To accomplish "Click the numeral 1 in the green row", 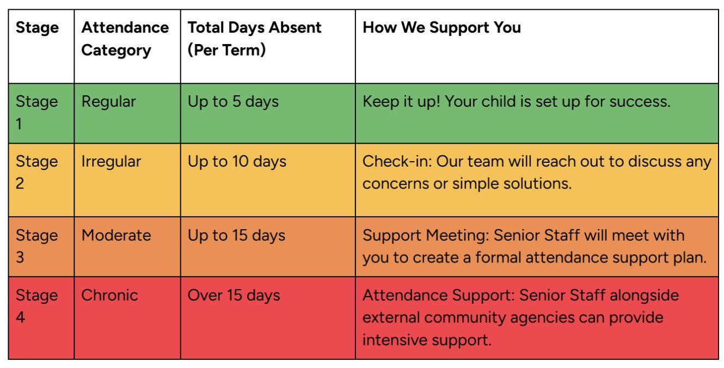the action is [x=19, y=124].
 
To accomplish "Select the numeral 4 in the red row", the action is [x=20, y=317].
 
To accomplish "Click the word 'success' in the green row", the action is [x=640, y=102].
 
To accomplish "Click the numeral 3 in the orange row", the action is [x=20, y=257].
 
